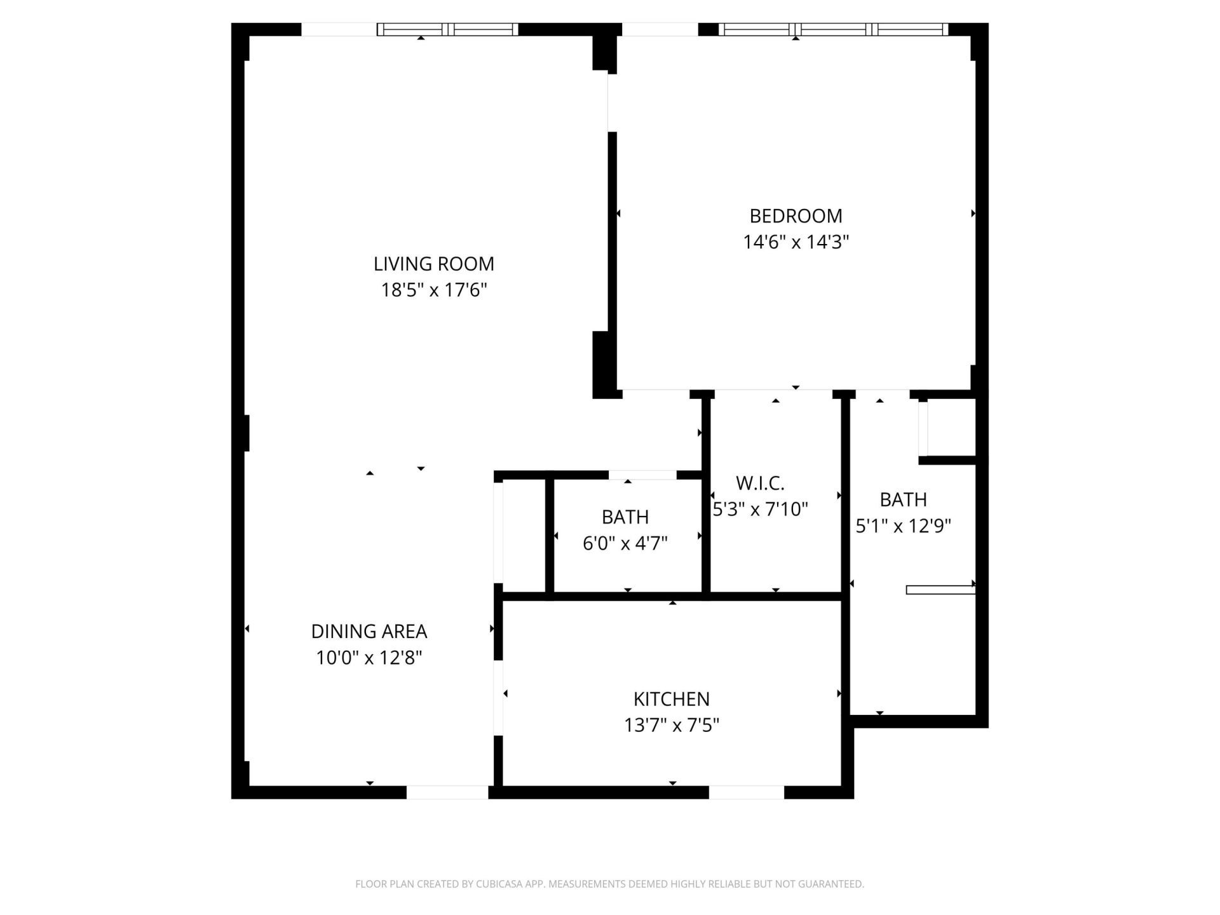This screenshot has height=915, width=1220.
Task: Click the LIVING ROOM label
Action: (x=433, y=264)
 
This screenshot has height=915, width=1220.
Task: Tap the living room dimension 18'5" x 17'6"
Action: (x=433, y=290)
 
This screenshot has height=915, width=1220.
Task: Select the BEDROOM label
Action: (x=796, y=216)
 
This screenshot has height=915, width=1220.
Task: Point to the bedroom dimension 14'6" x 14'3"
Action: (x=796, y=242)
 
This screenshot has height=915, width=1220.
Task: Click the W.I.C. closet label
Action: (x=760, y=484)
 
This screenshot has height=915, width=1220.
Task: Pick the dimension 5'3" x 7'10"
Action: (x=760, y=510)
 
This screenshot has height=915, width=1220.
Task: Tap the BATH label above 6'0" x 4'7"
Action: (x=625, y=517)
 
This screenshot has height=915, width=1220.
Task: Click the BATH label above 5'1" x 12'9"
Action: (x=903, y=500)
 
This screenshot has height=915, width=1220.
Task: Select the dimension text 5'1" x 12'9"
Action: (x=903, y=526)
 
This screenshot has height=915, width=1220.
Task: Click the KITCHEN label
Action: (x=671, y=699)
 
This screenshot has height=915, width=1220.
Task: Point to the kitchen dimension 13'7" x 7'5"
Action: (x=671, y=725)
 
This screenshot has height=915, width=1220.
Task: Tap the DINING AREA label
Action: (x=369, y=632)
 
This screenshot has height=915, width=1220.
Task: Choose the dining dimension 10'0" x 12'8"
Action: (x=369, y=658)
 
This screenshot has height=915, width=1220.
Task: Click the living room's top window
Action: (x=447, y=29)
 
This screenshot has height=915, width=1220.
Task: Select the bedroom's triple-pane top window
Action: (x=833, y=29)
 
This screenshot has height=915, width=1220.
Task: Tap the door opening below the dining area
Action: (x=447, y=792)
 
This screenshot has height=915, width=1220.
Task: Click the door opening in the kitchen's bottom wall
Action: (x=747, y=792)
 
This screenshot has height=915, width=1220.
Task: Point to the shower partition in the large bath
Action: (x=940, y=590)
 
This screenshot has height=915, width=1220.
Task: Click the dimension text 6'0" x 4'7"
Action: (x=625, y=544)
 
